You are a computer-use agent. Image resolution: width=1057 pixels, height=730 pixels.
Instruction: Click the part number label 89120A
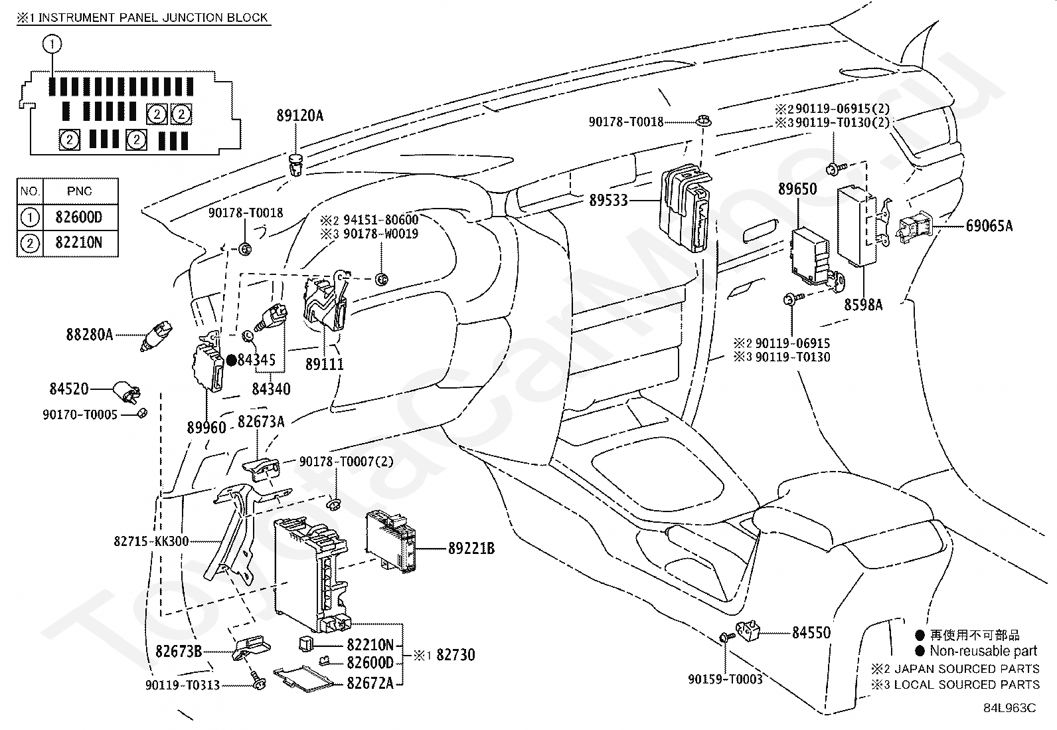click(299, 116)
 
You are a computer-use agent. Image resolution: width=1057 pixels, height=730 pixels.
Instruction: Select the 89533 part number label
click(608, 201)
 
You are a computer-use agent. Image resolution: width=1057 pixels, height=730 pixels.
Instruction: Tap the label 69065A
click(989, 226)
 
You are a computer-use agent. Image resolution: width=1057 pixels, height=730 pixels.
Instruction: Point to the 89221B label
click(471, 549)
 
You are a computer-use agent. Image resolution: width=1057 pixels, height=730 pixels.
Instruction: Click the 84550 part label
click(811, 633)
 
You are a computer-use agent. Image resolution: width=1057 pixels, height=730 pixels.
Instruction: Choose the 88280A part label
click(89, 335)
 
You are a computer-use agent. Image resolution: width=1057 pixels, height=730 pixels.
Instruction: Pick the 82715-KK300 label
click(151, 541)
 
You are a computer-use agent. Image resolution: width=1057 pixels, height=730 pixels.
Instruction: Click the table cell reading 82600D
click(79, 217)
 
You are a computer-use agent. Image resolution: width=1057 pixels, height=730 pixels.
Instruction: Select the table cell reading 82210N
click(79, 242)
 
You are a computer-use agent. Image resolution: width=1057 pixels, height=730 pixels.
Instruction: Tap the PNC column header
click(79, 191)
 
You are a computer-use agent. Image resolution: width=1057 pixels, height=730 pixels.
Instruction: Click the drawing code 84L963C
click(1009, 708)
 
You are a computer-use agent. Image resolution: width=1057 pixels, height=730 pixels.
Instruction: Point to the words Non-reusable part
click(983, 651)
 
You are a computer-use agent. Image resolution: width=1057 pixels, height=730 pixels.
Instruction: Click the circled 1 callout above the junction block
click(52, 44)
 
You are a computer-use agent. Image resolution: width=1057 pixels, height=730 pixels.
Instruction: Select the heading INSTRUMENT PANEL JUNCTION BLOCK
click(153, 18)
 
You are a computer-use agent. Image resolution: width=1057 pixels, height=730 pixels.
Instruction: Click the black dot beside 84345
click(231, 361)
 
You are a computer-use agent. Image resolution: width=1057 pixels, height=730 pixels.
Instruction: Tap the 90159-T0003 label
click(725, 679)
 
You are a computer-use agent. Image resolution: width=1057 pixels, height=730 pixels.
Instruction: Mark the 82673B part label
click(179, 652)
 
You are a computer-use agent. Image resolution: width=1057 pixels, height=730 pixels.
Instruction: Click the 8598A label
click(863, 305)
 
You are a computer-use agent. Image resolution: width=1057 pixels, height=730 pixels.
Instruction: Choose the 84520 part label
click(69, 389)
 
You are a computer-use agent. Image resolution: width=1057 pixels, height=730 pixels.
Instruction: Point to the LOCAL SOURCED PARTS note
click(967, 685)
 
